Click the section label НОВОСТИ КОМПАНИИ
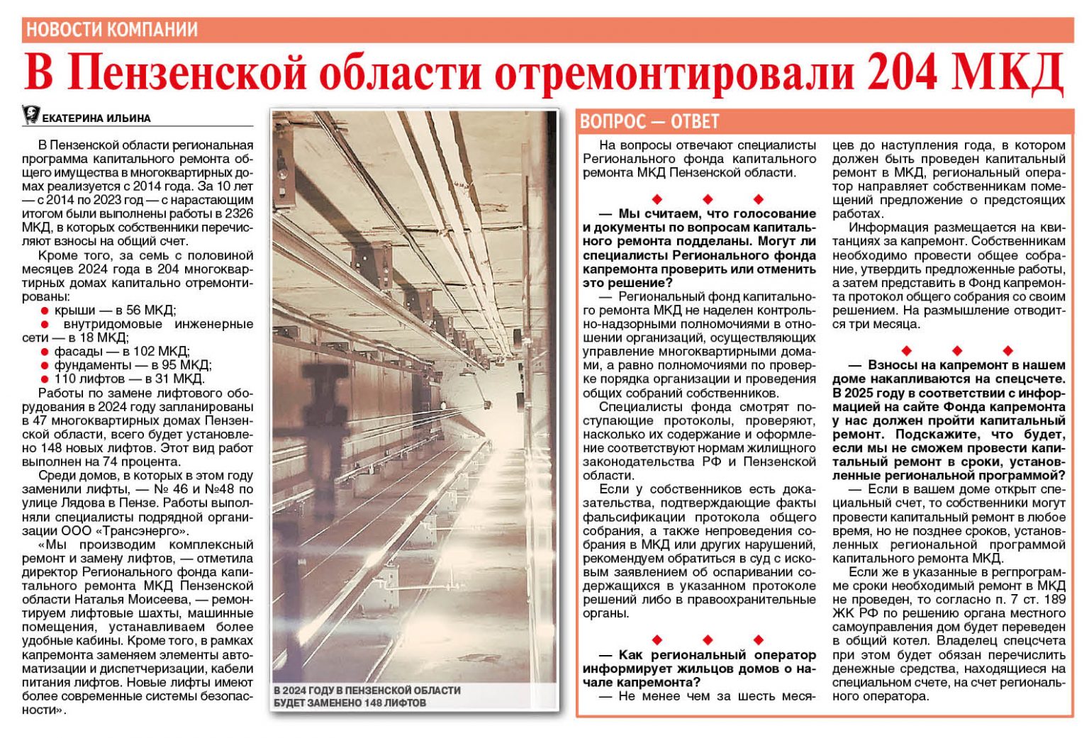(112, 30)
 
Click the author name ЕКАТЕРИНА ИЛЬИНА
(96, 118)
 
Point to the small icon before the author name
(30, 115)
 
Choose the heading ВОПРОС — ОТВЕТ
(649, 121)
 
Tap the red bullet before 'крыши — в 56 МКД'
(45, 311)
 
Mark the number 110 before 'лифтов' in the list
(65, 379)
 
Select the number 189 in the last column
(1054, 600)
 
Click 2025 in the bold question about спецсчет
(849, 393)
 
